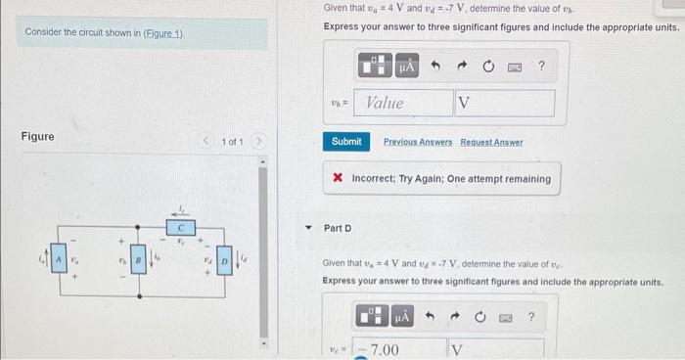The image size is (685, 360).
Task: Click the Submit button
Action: coord(346,142)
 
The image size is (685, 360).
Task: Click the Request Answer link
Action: coord(491,142)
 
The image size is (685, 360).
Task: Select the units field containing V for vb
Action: coord(503,103)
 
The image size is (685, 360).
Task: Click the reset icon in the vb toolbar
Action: coord(487,66)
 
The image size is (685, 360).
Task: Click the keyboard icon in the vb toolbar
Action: coord(514,67)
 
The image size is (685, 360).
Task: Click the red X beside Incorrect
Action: coord(338,179)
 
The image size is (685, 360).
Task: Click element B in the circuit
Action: coord(139,261)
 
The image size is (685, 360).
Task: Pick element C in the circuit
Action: coord(179,226)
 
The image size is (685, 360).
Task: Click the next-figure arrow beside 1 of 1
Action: coord(259,143)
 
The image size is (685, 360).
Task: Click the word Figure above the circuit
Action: coord(38,137)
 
